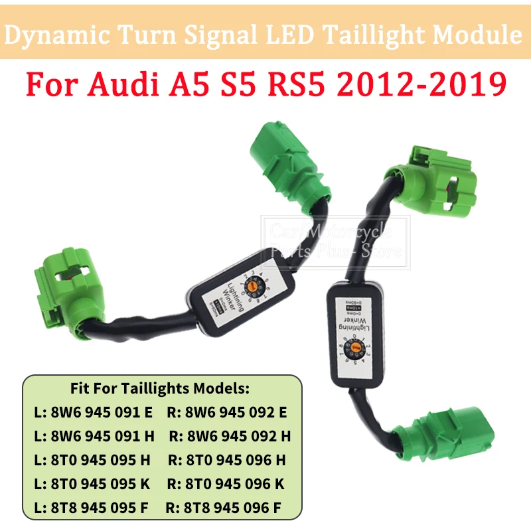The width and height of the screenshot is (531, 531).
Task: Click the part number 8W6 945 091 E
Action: coord(97,412)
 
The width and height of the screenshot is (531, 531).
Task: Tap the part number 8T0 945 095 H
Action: coord(97,459)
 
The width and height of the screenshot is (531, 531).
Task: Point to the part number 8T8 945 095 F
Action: coord(97,508)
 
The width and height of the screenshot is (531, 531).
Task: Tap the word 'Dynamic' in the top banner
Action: coord(63,35)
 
